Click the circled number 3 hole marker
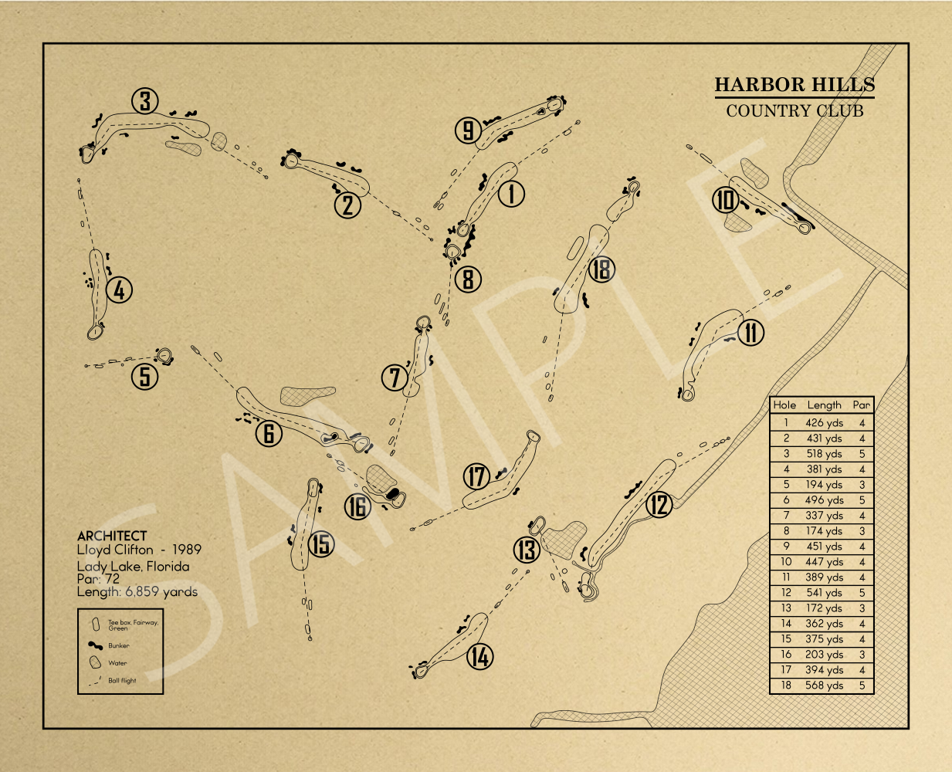point(145,101)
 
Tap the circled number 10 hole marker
point(726,201)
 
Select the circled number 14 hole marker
point(479,657)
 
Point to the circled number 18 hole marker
point(601,269)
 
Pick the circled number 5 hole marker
point(144,377)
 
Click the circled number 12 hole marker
point(659,505)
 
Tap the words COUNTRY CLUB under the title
point(794,110)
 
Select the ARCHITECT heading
point(112,536)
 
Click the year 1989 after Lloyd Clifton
point(187,550)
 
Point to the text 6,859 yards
point(161,592)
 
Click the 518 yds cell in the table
point(824,454)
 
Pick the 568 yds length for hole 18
point(824,686)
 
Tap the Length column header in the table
point(824,405)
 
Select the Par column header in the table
point(861,405)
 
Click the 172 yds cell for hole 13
point(824,608)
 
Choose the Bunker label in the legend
point(119,645)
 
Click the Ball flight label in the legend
point(122,681)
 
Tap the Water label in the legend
point(117,663)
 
